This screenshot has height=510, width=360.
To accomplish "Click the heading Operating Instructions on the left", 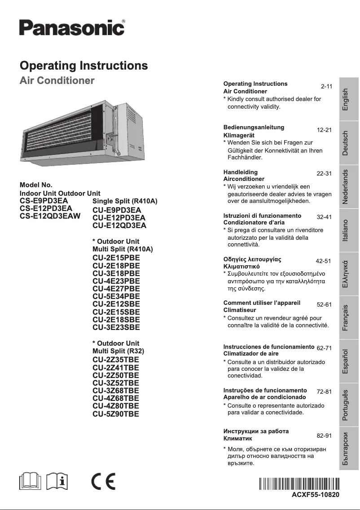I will coord(84,66).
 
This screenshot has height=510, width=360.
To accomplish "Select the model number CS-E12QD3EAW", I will coord(50,216).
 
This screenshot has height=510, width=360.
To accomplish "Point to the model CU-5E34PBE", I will coord(116,296).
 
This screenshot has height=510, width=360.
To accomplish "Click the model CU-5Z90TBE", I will coord(116,414).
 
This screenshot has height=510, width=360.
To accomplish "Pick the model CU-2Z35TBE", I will coord(116,360).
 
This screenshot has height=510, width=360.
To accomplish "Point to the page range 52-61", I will coord(324,305).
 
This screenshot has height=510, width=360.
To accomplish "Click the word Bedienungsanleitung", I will coord(254,127).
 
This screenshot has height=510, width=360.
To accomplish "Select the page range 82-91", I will coord(324,436).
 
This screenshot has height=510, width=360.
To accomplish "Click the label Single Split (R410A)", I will coord(125,201).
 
